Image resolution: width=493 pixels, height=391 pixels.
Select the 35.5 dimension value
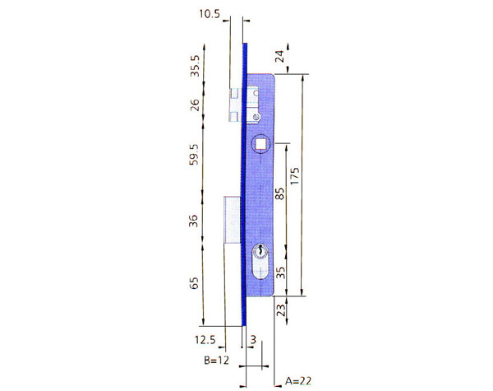[x=194, y=66]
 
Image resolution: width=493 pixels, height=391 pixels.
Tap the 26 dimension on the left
[x=194, y=105]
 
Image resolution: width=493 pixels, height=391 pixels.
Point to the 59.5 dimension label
[x=194, y=156]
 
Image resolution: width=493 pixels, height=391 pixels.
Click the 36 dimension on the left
[x=194, y=220]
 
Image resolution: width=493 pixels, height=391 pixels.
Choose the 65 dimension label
[x=194, y=283]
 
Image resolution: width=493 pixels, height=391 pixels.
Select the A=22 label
[x=297, y=381]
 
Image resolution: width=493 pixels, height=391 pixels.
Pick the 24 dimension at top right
[x=279, y=56]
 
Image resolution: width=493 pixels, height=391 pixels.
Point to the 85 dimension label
[x=279, y=194]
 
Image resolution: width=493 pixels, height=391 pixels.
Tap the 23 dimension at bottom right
[x=279, y=310]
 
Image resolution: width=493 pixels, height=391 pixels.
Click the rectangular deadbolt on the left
[x=231, y=219]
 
